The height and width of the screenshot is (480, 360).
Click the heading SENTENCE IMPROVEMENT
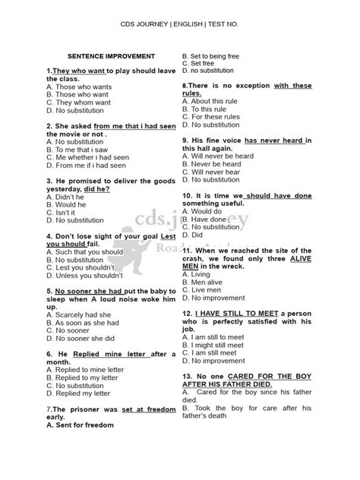click(x=112, y=56)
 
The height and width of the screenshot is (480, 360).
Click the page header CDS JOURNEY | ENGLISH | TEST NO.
click(x=179, y=24)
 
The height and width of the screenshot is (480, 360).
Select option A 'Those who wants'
click(x=79, y=87)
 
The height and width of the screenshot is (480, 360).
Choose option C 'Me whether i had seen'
click(x=87, y=156)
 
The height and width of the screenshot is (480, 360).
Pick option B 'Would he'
click(x=68, y=205)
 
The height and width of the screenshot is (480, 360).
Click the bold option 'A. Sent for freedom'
click(x=80, y=425)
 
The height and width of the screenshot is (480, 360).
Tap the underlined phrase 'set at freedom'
click(x=141, y=409)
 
